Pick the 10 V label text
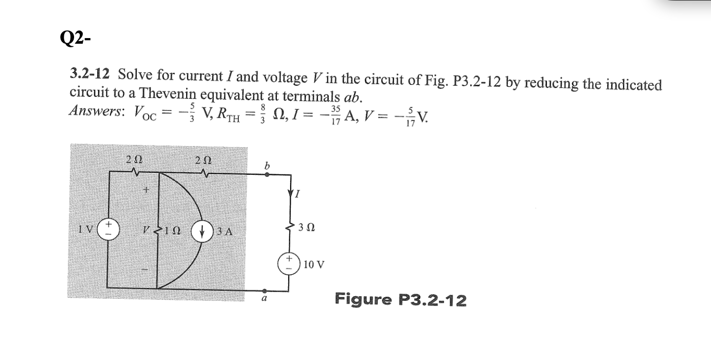pyautogui.click(x=314, y=265)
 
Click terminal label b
pyautogui.click(x=266, y=166)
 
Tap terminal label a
pyautogui.click(x=264, y=299)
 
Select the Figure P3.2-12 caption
pyautogui.click(x=401, y=299)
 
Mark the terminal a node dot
pyautogui.click(x=264, y=290)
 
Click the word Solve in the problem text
pyautogui.click(x=134, y=75)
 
